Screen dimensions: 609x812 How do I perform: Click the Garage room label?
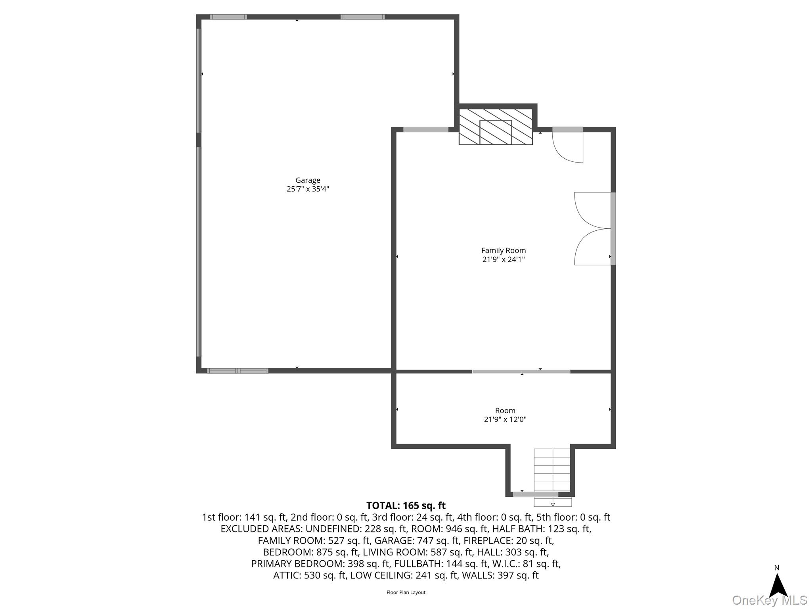308,180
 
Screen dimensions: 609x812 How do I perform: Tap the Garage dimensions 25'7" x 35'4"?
308,189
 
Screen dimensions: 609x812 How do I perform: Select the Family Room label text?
504,251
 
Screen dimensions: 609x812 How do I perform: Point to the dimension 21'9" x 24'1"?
504,260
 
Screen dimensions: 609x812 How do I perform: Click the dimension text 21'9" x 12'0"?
505,419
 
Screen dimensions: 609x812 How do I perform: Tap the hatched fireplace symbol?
496,126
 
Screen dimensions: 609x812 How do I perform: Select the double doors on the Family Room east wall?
593,228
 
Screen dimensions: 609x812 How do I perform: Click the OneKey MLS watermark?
769,600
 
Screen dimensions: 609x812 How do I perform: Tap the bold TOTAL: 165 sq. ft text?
406,506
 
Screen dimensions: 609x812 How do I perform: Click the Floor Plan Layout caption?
406,592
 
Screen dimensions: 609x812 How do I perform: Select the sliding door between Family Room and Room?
521,372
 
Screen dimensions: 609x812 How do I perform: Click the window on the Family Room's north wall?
426,130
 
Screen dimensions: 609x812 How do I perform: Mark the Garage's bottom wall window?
237,371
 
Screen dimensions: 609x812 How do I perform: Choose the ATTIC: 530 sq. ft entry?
310,575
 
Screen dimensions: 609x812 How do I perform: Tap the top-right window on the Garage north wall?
362,17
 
